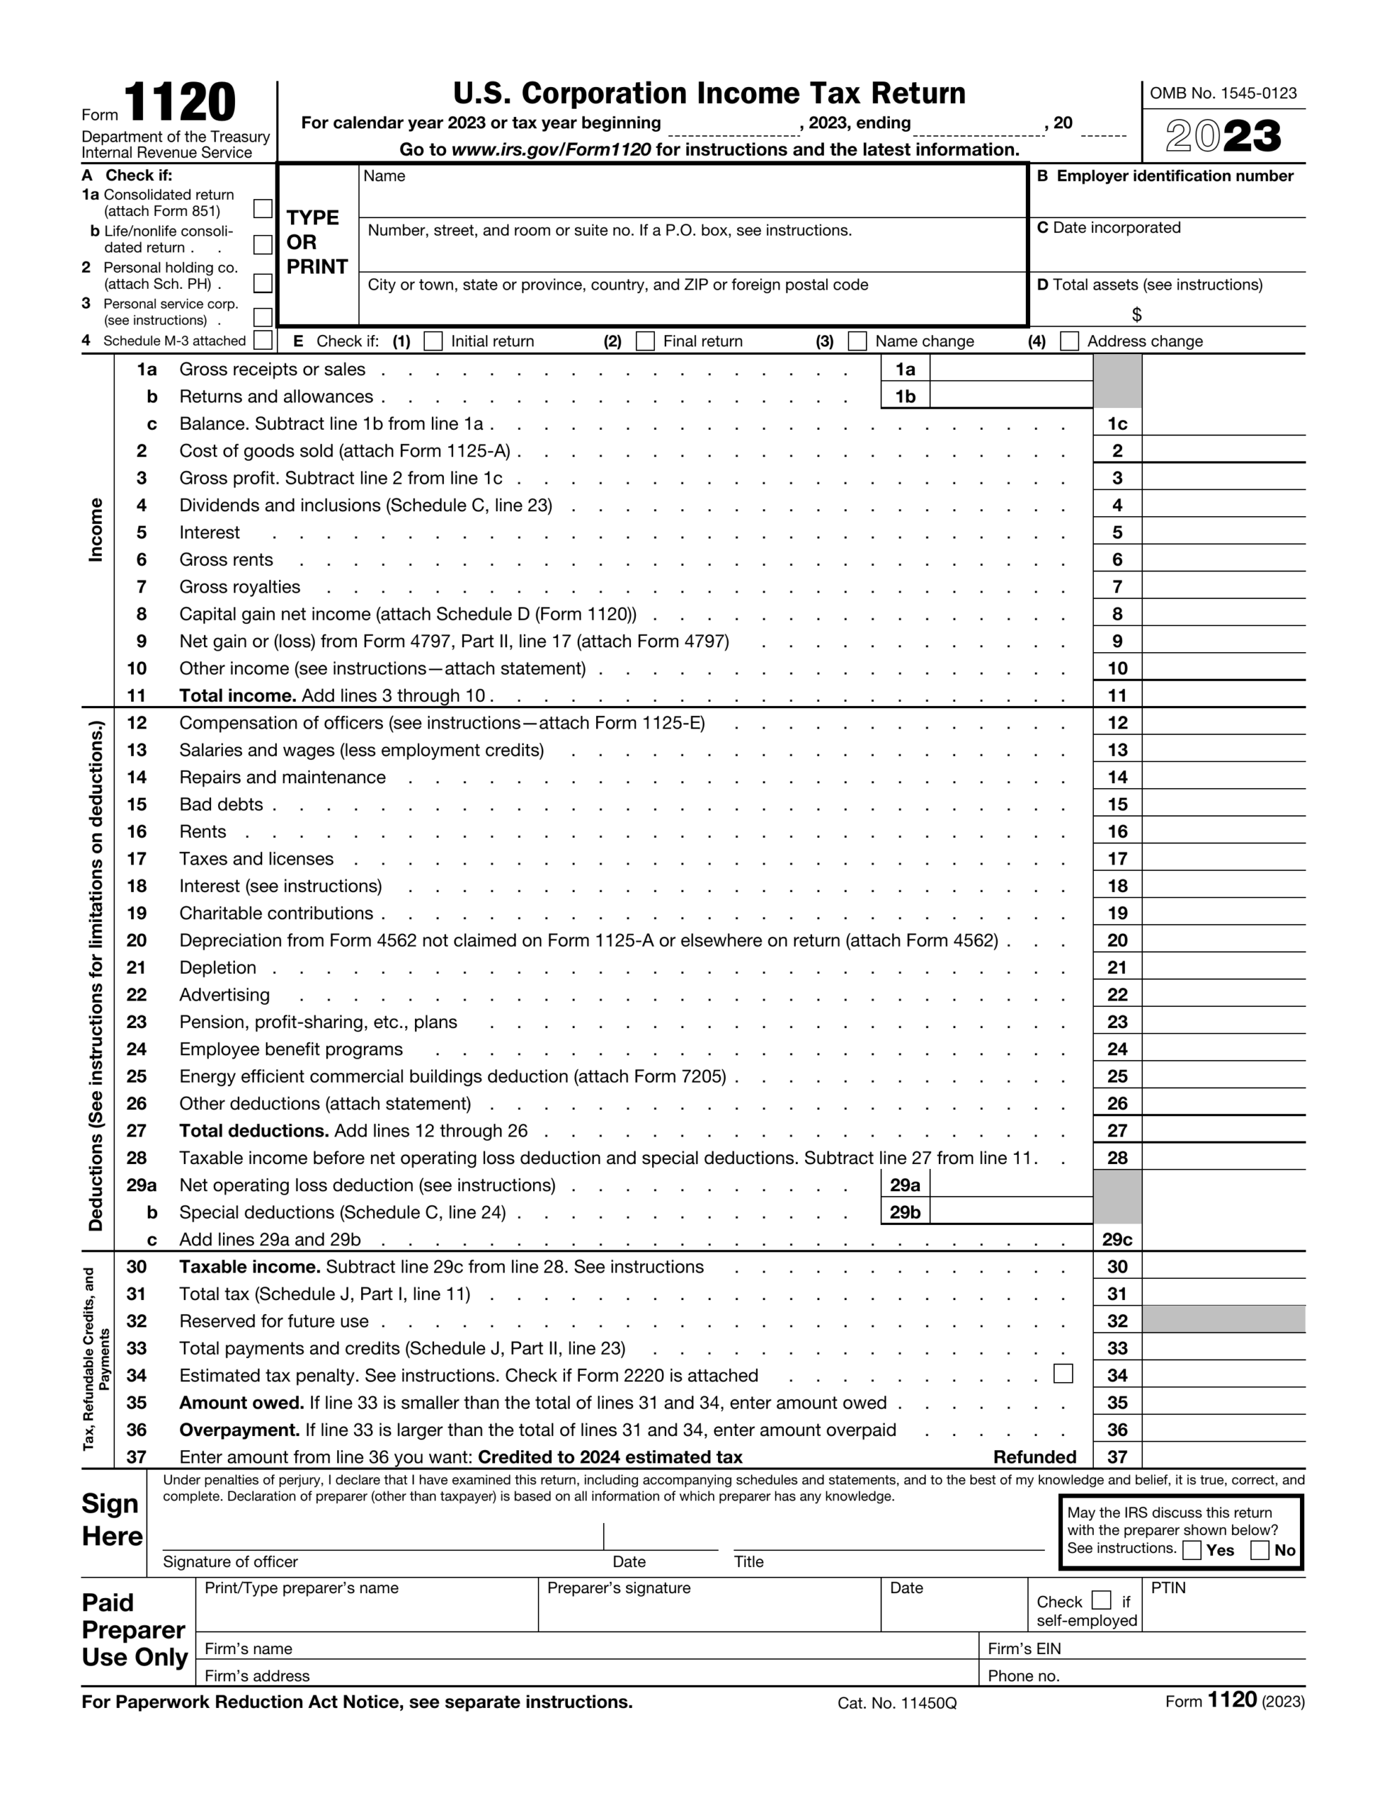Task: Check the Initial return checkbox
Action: coord(433,341)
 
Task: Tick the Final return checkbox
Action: coord(647,341)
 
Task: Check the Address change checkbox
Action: coord(1069,341)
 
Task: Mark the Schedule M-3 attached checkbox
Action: coord(263,340)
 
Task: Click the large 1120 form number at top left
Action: coord(180,104)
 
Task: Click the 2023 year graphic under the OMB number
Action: coord(1224,137)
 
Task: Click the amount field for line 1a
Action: coord(1010,369)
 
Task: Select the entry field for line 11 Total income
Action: coord(1224,696)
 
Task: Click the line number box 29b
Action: coord(905,1212)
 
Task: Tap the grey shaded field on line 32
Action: coord(1224,1321)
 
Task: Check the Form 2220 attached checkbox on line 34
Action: coord(1063,1374)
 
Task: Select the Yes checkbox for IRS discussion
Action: coord(1192,1550)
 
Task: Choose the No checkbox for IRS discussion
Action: coord(1259,1550)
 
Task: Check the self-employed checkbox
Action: coord(1102,1600)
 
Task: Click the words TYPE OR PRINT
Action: coord(316,243)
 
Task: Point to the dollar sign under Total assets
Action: coord(1136,315)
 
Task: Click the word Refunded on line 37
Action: coord(1034,1457)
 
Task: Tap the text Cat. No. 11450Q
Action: coord(897,1703)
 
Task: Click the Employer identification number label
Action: coord(1174,176)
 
